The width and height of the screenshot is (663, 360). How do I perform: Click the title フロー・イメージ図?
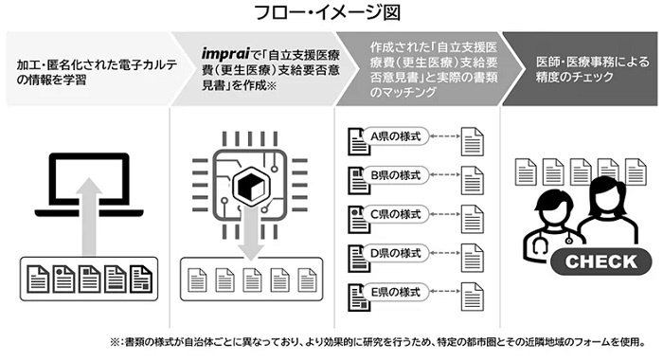pos(331,13)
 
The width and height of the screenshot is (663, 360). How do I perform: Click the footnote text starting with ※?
pos(368,340)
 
